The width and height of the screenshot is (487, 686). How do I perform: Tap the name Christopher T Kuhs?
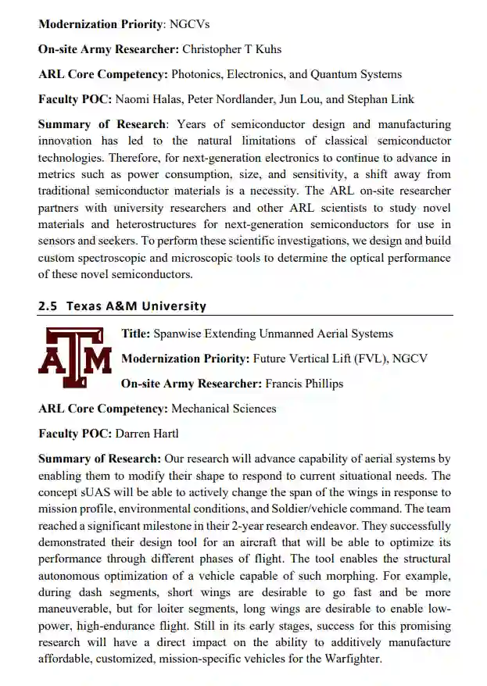[x=231, y=49]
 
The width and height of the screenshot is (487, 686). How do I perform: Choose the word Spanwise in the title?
[x=177, y=334]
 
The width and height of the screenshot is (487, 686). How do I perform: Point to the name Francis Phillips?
[x=304, y=384]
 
